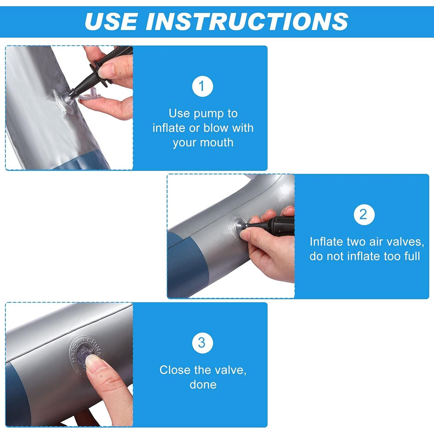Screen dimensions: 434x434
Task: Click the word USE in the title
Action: tap(111, 21)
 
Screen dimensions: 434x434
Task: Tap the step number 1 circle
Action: tap(203, 86)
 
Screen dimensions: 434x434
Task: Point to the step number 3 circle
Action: tap(203, 343)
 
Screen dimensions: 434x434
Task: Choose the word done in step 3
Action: tap(203, 385)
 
